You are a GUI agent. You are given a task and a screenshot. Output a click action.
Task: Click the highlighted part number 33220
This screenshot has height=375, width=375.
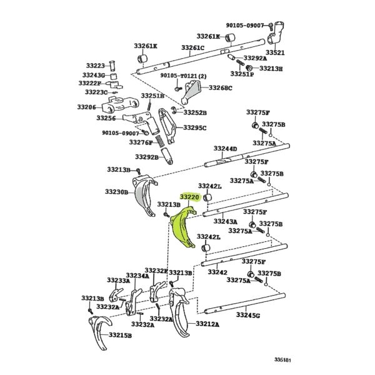(x=189, y=197)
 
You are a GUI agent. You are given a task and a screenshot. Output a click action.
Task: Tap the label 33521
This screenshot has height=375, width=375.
(x=275, y=52)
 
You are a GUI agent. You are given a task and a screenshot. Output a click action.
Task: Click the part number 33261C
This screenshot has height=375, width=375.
(x=192, y=47)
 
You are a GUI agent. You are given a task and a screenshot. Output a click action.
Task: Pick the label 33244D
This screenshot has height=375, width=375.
(x=225, y=149)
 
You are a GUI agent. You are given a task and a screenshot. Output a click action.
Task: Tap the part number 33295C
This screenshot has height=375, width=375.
(x=194, y=128)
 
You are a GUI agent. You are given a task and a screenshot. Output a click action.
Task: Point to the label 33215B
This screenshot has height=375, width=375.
(x=120, y=335)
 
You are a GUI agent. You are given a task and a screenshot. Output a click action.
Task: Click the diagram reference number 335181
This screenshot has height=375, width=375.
(x=282, y=359)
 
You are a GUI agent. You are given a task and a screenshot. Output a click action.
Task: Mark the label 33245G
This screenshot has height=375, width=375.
(x=248, y=315)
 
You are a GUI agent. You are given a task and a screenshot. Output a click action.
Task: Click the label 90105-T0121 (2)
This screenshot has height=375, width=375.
(x=183, y=76)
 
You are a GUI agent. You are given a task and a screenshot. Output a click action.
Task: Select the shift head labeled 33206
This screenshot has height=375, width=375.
(x=120, y=104)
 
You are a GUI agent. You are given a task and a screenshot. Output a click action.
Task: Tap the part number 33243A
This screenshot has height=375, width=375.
(x=226, y=221)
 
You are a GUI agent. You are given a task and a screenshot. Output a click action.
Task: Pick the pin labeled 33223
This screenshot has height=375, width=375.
(x=112, y=66)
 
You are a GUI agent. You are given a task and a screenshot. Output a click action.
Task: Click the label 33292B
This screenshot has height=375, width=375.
(x=147, y=157)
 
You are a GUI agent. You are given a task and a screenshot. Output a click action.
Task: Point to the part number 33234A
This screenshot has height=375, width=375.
(x=137, y=276)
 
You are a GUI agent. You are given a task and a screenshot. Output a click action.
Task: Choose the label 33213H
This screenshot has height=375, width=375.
(x=271, y=68)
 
